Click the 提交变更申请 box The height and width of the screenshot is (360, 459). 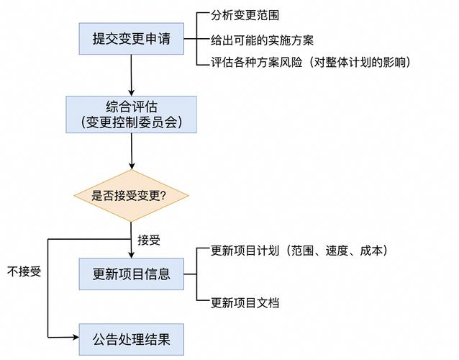[131, 39]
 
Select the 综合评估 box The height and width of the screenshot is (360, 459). [131, 114]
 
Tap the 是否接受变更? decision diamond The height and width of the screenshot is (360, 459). [131, 195]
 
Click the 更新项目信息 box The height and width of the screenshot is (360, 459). [131, 274]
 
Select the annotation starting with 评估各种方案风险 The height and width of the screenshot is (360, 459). [310, 63]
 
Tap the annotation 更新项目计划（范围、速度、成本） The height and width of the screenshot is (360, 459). [299, 251]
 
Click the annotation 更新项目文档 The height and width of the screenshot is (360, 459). [245, 302]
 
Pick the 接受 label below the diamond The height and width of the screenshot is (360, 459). [149, 240]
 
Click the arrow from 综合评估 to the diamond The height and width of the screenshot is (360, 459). [131, 151]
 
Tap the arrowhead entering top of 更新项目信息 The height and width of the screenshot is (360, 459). [131, 253]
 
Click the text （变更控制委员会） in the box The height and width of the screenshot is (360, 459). [131, 123]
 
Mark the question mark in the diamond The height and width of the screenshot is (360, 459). [163, 195]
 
